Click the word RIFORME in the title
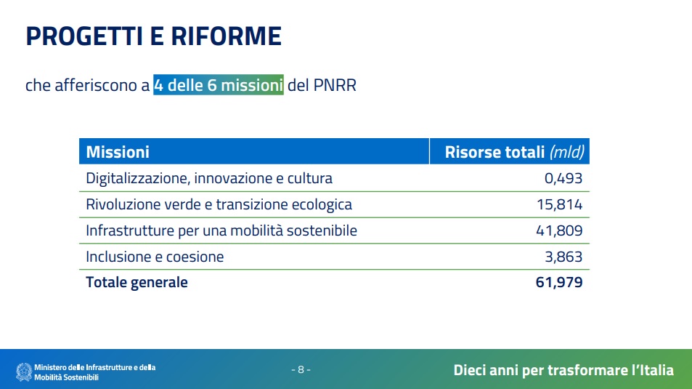pyautogui.click(x=226, y=36)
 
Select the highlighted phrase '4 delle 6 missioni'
pyautogui.click(x=219, y=85)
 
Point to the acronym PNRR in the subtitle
pyautogui.click(x=335, y=85)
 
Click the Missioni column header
pyautogui.click(x=118, y=152)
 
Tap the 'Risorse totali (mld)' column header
pyautogui.click(x=514, y=152)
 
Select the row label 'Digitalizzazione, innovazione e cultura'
pyautogui.click(x=209, y=178)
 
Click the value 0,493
pyautogui.click(x=563, y=178)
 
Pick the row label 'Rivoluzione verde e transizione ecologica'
pyautogui.click(x=219, y=204)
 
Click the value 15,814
pyautogui.click(x=560, y=204)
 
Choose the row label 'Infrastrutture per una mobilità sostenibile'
pyautogui.click(x=221, y=230)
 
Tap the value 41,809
pyautogui.click(x=559, y=230)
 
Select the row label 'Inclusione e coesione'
pyautogui.click(x=155, y=257)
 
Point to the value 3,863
pyautogui.click(x=563, y=257)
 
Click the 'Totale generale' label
pyautogui.click(x=137, y=282)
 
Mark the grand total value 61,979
pyautogui.click(x=559, y=282)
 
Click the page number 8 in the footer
pyautogui.click(x=301, y=369)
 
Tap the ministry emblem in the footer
pyautogui.click(x=24, y=372)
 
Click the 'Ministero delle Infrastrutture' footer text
pyautogui.click(x=95, y=367)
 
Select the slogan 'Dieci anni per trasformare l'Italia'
pyautogui.click(x=563, y=370)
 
